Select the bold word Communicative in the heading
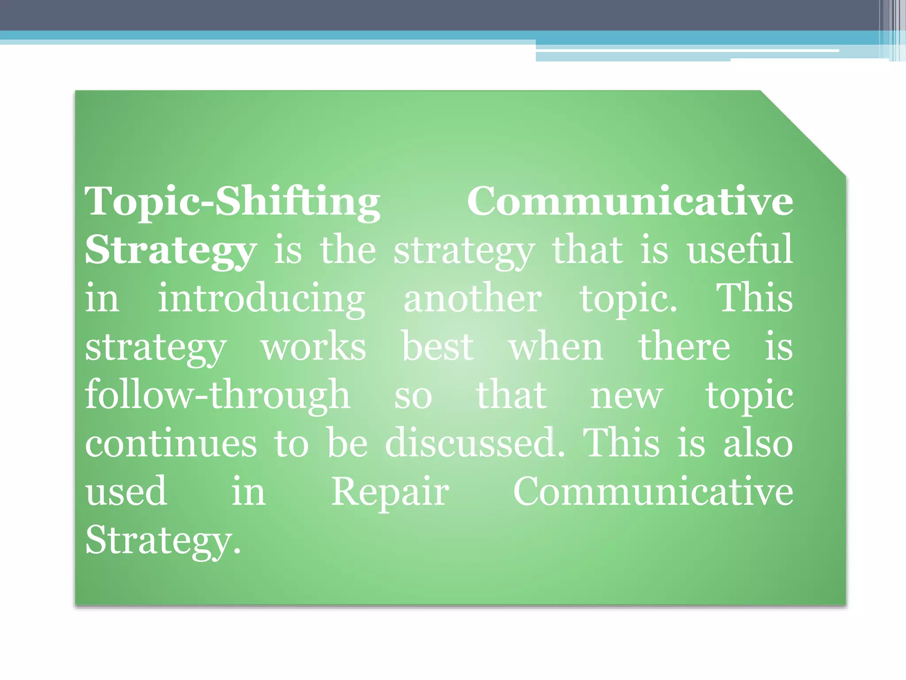click(x=630, y=201)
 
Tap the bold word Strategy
click(x=171, y=251)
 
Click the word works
click(x=313, y=347)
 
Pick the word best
click(x=438, y=347)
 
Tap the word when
click(x=556, y=347)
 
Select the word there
click(x=684, y=347)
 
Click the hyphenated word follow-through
click(x=218, y=395)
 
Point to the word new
click(x=626, y=395)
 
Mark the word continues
click(x=171, y=444)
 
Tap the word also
click(x=758, y=444)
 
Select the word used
click(x=127, y=491)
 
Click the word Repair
click(x=390, y=492)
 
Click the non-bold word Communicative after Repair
click(x=653, y=491)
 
